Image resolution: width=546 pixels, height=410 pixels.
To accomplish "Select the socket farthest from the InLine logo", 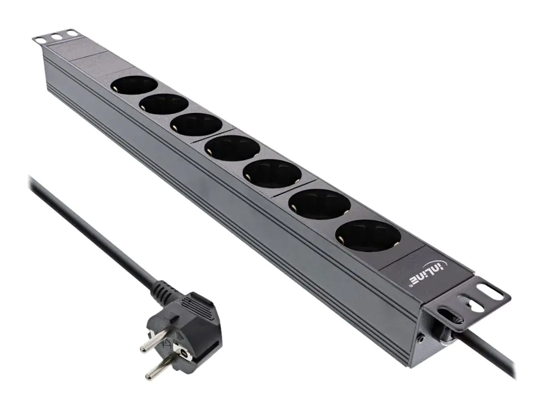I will (135, 85).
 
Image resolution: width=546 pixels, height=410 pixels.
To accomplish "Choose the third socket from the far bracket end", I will (196, 124).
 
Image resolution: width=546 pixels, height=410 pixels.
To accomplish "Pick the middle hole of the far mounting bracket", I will (54, 37).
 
